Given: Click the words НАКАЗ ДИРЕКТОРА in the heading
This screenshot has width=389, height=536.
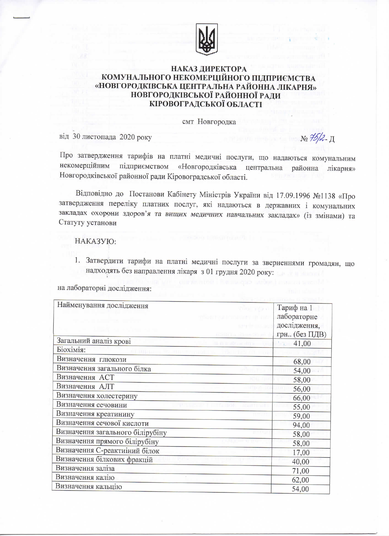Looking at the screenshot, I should pos(208,69).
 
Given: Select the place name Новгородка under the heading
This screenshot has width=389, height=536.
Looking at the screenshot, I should pos(217,122).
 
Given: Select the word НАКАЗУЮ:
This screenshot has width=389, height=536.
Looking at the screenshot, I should pos(95,241).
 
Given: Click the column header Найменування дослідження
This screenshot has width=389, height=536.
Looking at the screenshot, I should pos(103,305).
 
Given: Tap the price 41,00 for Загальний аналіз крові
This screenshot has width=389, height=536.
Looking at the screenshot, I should pos(302,343).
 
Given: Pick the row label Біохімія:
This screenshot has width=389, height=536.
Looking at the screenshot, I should pos(71,350).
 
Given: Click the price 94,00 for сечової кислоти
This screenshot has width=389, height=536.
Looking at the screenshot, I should pos(301,425).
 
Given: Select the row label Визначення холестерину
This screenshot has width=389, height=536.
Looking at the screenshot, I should pos(97,396).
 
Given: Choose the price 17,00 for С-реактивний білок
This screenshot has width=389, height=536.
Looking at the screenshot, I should pos(301,452).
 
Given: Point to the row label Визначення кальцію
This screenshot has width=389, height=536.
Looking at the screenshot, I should pos(89,487).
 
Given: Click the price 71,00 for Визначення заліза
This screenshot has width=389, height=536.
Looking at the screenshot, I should pos(301,471).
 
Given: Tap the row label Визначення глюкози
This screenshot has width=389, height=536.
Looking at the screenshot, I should pos(92,359).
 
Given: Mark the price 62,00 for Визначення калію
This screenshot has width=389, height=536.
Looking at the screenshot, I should pos(301,480).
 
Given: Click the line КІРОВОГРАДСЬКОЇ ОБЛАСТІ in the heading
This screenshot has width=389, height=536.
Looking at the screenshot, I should pos(205,104).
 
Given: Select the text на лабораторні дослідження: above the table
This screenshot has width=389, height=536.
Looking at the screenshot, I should pos(105,288).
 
